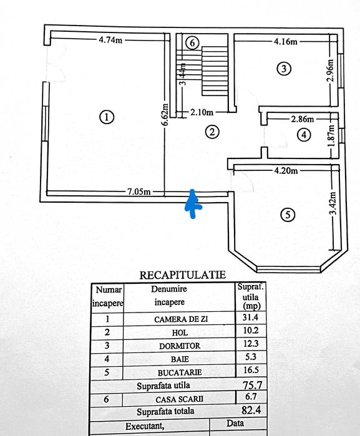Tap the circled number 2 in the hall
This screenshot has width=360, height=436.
click(x=213, y=132)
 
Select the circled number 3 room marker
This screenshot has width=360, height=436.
click(x=284, y=69)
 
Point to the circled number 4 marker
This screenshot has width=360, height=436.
click(x=303, y=134)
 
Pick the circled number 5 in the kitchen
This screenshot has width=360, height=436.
click(x=286, y=215)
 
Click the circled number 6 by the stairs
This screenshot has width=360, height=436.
click(x=192, y=43)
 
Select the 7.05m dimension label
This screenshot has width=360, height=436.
click(x=139, y=191)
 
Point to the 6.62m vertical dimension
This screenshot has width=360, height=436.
click(x=165, y=114)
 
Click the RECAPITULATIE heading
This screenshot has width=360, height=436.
click(x=182, y=274)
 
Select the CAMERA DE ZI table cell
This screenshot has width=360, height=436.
click(x=180, y=318)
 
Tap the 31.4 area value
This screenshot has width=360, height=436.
click(x=250, y=318)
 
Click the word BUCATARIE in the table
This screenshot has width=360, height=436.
click(x=180, y=372)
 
